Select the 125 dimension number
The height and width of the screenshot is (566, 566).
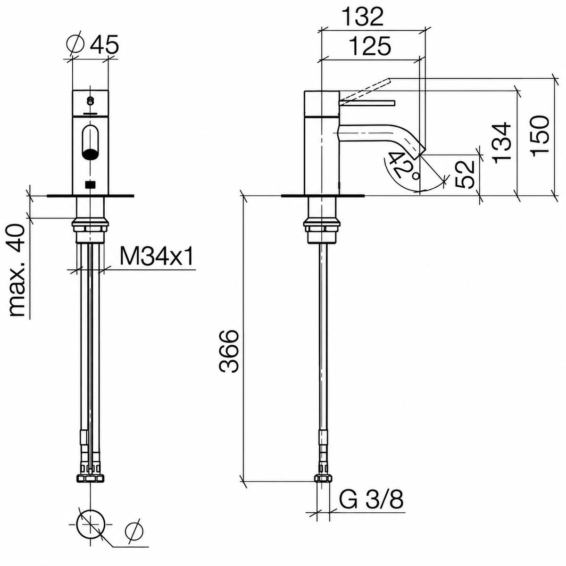[x=371, y=46]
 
